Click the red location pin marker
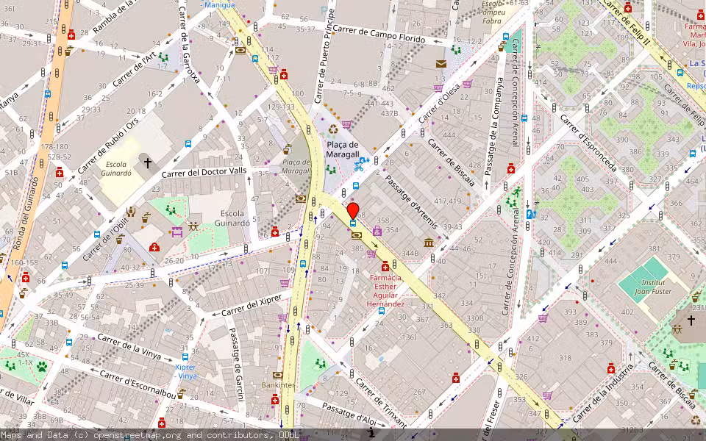pyautogui.click(x=353, y=210)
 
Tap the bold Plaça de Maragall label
pyautogui.click(x=343, y=150)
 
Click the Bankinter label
pyautogui.click(x=278, y=384)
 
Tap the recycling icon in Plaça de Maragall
pyautogui.click(x=333, y=129)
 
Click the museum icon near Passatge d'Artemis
pyautogui.click(x=429, y=243)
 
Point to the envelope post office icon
pyautogui.click(x=441, y=64)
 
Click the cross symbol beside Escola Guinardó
pyautogui.click(x=147, y=162)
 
